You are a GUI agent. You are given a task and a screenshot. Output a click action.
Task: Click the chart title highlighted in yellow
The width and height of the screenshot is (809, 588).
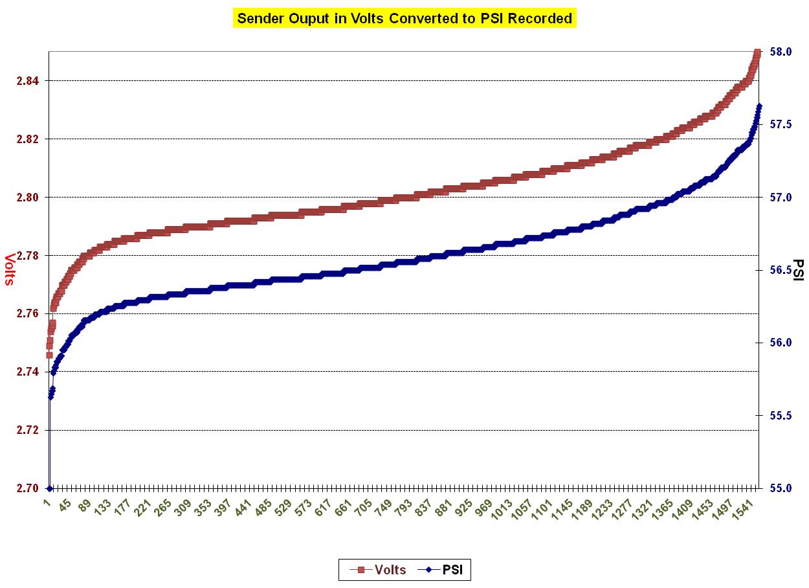[404, 18]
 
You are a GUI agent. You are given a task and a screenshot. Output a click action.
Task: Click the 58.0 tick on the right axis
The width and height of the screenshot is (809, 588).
[779, 51]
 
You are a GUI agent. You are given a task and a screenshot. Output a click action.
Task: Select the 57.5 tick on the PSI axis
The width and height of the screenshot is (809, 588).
[779, 124]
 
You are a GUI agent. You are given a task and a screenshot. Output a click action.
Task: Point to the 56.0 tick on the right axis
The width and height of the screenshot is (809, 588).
[779, 343]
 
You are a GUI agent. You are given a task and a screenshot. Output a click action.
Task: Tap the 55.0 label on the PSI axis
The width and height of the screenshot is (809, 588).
[779, 488]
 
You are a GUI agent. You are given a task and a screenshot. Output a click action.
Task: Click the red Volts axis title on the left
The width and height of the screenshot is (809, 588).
[10, 269]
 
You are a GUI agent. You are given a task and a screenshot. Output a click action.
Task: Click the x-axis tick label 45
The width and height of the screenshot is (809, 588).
[65, 505]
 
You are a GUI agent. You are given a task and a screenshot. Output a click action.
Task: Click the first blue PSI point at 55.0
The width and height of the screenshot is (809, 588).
[49, 488]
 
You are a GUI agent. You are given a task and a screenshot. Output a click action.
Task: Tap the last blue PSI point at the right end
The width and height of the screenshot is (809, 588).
[759, 106]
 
